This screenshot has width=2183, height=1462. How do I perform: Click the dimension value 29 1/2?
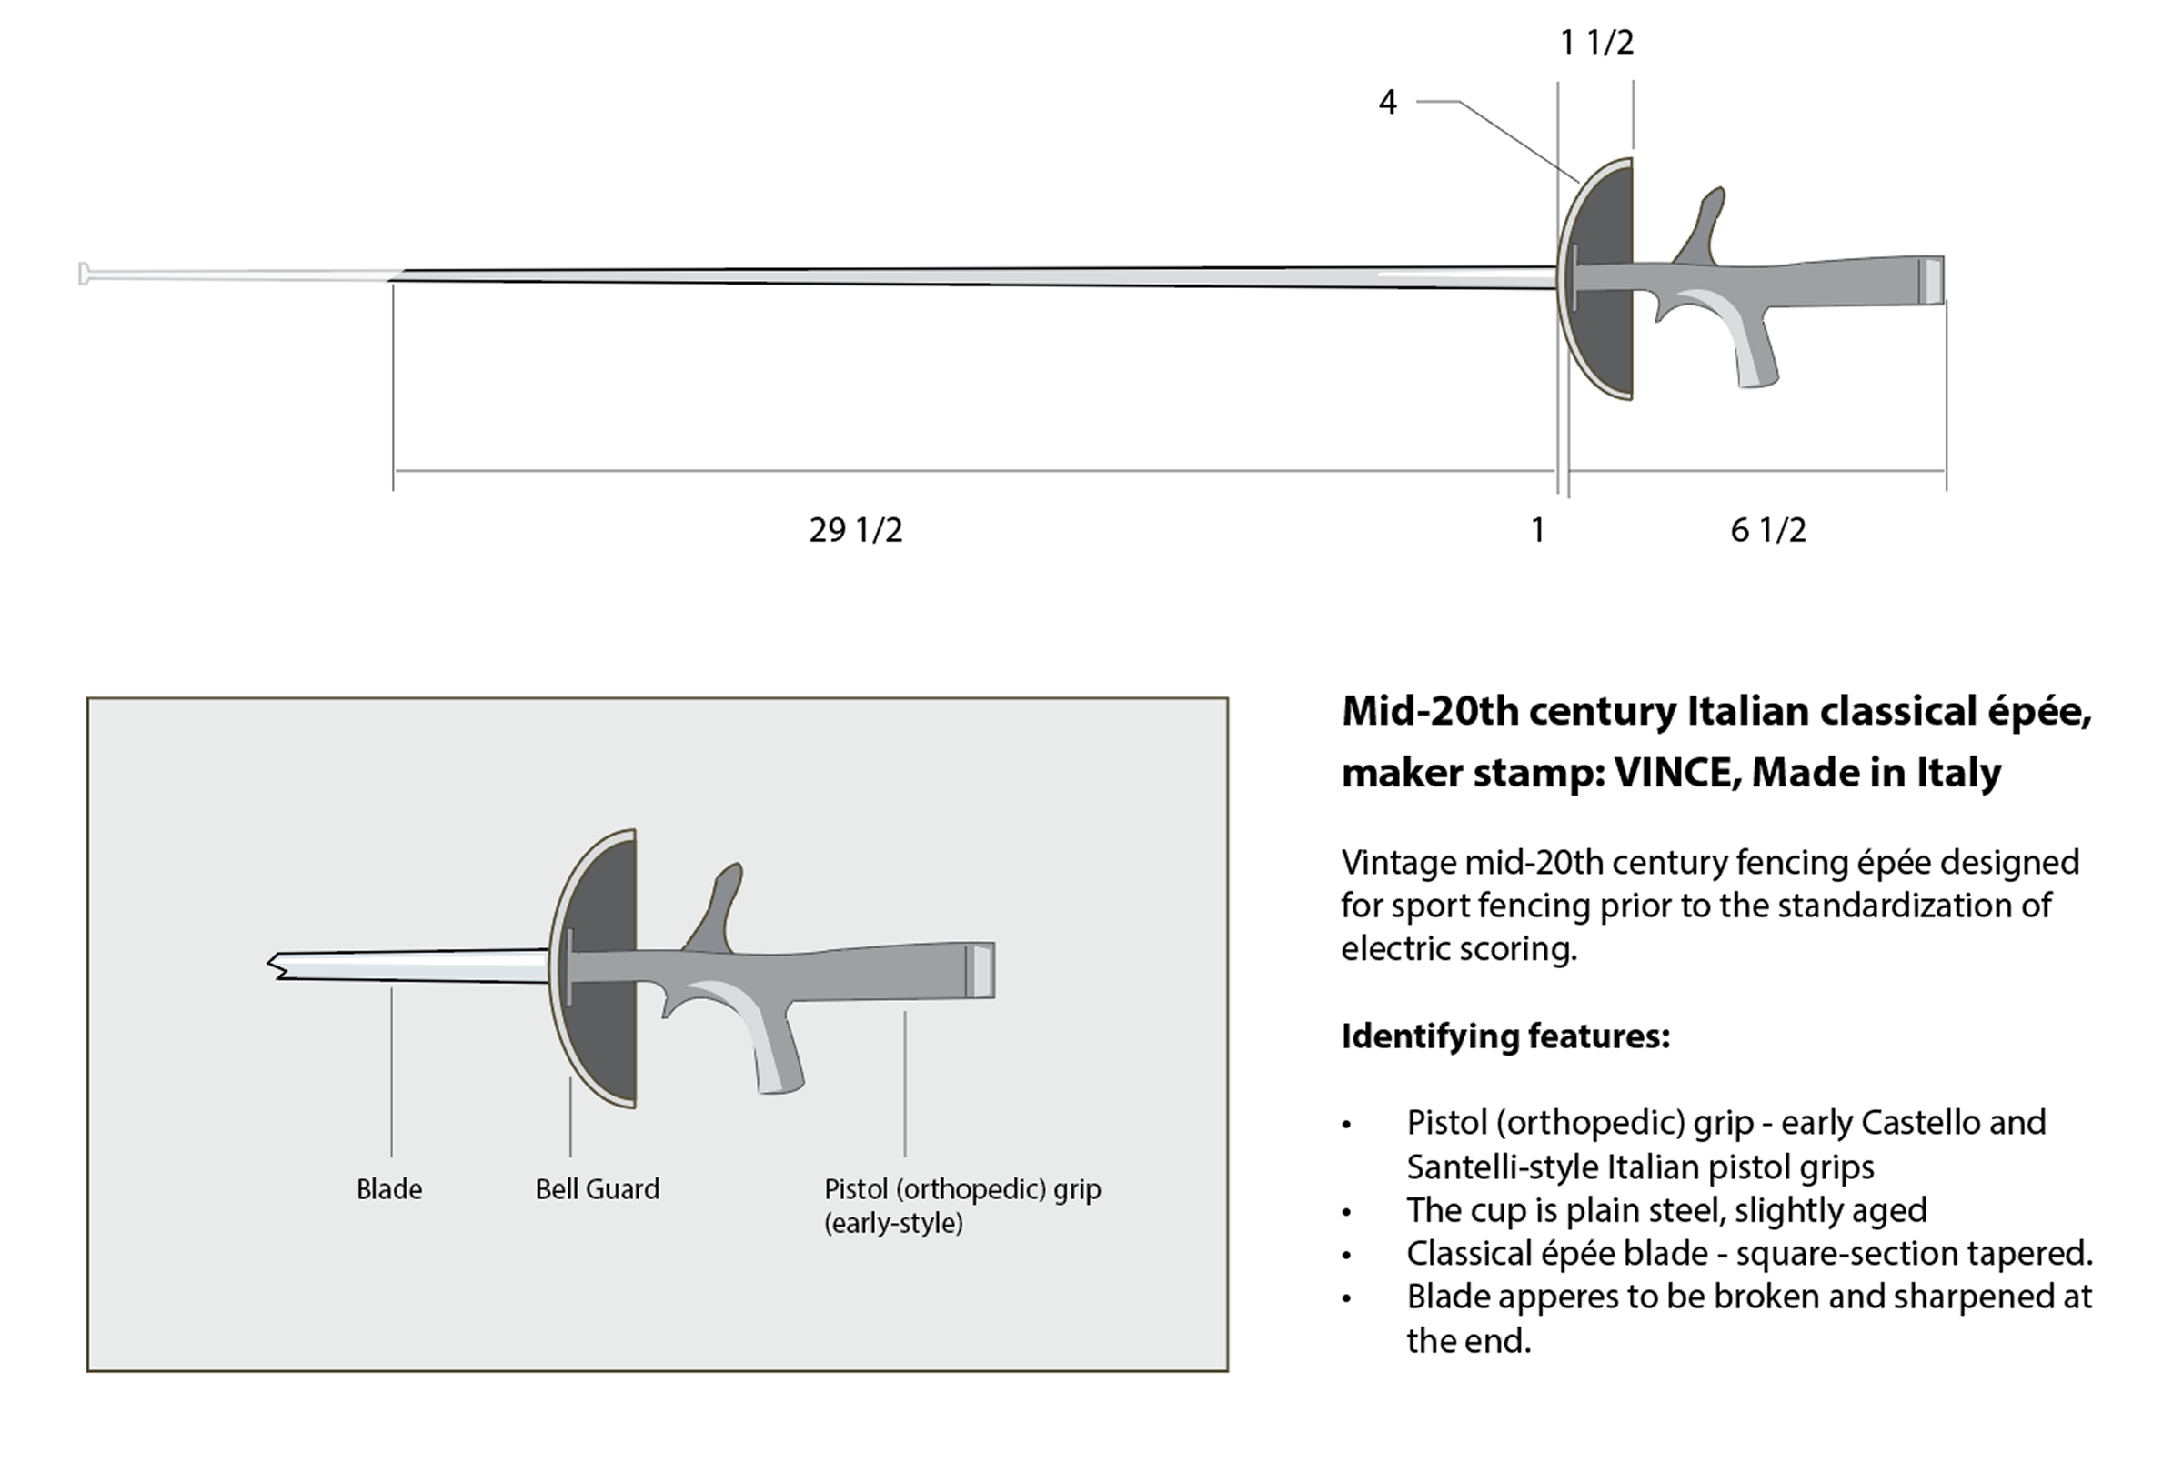[x=855, y=531]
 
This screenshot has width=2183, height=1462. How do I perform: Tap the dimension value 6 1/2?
[x=1768, y=531]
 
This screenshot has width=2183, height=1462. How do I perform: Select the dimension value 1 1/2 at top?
[x=1596, y=43]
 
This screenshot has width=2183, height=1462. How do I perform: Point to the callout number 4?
[x=1388, y=102]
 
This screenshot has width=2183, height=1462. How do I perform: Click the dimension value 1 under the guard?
[x=1538, y=531]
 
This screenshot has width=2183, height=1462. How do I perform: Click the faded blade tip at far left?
[x=85, y=275]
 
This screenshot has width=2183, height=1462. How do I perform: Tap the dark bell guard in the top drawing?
[x=1604, y=280]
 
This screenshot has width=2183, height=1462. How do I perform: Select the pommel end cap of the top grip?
[x=1930, y=280]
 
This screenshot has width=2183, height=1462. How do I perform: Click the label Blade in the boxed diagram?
[x=389, y=1189]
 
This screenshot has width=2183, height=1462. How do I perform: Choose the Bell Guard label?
[x=597, y=1189]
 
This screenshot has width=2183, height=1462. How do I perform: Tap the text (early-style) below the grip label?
[x=892, y=1222]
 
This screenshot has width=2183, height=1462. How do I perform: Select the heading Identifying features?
[x=1504, y=1036]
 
